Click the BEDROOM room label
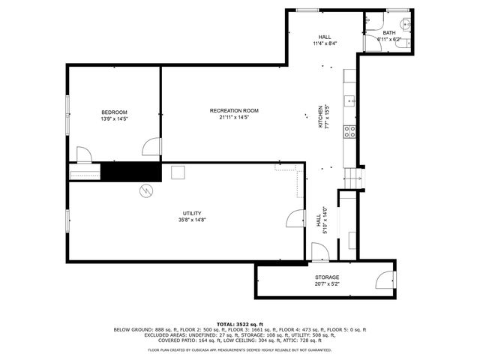(114, 112)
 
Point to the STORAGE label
(326, 277)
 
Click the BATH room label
(388, 33)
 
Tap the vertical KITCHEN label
(320, 116)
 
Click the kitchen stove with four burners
(349, 132)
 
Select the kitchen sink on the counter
(349, 99)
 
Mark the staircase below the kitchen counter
(352, 178)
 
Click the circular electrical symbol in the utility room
(145, 190)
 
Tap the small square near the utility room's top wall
(178, 173)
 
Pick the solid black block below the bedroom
(131, 172)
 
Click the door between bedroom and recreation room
(152, 147)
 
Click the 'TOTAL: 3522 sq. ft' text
(240, 323)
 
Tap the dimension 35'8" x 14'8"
(192, 220)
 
